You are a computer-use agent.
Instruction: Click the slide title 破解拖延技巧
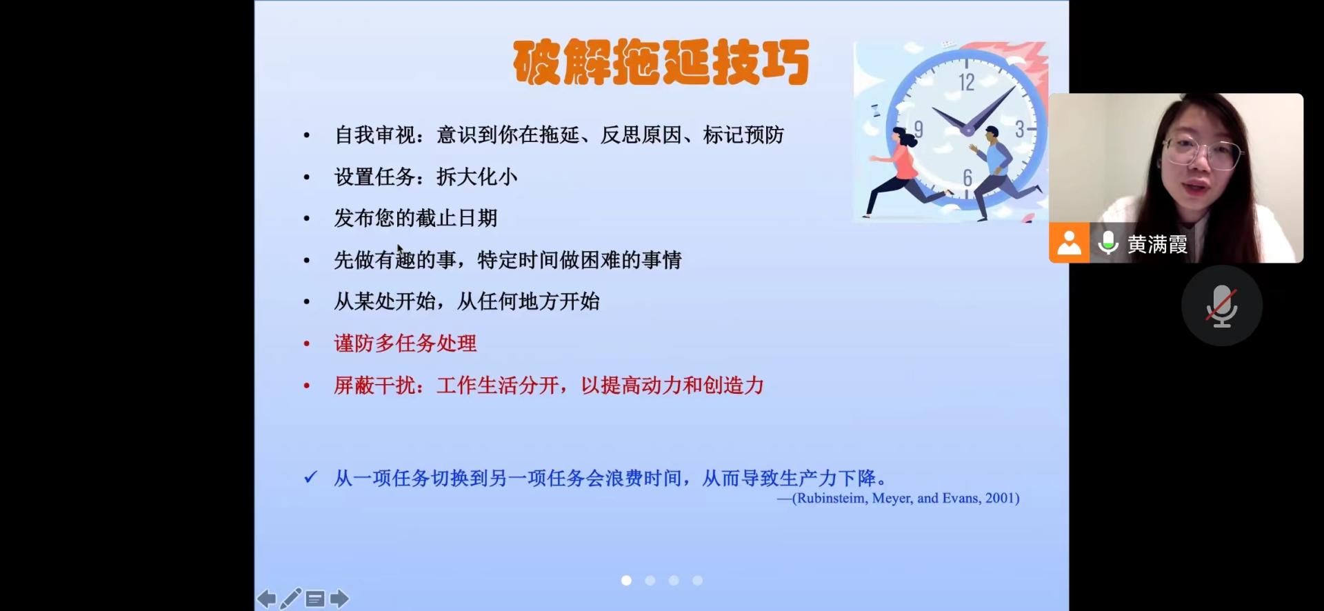point(661,62)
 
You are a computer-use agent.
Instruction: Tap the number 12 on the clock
point(966,82)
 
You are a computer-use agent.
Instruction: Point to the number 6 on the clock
point(967,178)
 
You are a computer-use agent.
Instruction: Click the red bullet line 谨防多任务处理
point(405,343)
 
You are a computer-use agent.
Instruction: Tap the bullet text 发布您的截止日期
point(415,219)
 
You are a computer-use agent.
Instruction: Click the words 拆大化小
point(477,177)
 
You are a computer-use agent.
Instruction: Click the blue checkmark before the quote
point(311,477)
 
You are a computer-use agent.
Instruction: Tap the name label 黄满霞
point(1157,244)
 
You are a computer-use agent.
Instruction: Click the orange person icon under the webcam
point(1069,243)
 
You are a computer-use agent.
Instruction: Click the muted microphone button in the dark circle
point(1222,305)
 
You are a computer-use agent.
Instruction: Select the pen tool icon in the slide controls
point(291,598)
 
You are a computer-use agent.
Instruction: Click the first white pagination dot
point(626,581)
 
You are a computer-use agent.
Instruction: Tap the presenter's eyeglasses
point(1201,151)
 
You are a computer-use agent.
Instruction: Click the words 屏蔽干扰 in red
point(374,385)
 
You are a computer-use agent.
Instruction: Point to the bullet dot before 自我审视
point(307,136)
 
